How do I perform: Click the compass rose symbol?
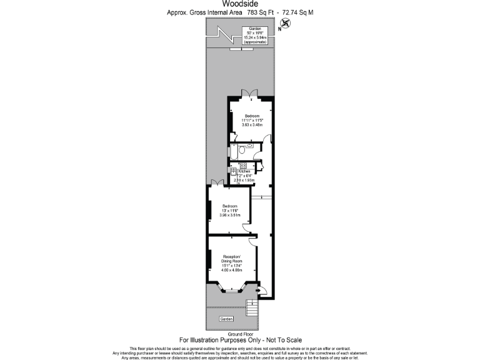[286, 24]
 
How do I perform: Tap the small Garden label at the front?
[226, 319]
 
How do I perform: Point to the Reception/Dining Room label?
[231, 262]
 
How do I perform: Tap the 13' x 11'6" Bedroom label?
[230, 211]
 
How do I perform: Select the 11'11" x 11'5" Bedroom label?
[252, 120]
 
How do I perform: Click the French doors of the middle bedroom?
[216, 182]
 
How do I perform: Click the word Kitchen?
[244, 171]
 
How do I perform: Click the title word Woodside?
[240, 3]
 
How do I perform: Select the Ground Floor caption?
[240, 334]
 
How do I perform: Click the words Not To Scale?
[281, 341]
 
